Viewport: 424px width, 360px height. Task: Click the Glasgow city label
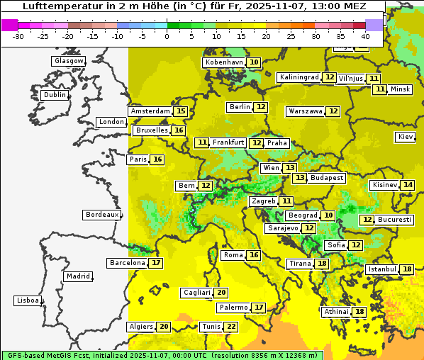click(69, 61)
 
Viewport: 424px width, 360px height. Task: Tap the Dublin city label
click(55, 95)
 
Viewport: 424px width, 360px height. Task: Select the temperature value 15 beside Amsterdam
click(181, 111)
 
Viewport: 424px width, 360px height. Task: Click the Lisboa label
click(27, 300)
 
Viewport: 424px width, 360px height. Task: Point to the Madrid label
click(78, 276)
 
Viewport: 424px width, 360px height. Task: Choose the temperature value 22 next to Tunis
click(230, 327)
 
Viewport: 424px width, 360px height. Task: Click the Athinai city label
click(336, 312)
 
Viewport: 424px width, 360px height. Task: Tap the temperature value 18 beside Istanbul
click(407, 269)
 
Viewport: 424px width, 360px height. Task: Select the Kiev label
click(406, 137)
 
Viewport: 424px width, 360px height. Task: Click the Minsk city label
click(401, 89)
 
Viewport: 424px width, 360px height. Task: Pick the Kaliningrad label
click(299, 77)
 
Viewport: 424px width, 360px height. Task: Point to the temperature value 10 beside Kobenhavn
click(253, 62)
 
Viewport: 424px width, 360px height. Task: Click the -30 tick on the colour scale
click(18, 35)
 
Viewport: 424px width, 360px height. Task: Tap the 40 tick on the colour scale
click(365, 35)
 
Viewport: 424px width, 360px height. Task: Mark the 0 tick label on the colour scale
click(167, 35)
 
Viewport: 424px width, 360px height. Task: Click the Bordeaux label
click(102, 215)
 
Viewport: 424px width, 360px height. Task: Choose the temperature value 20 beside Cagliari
click(221, 293)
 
